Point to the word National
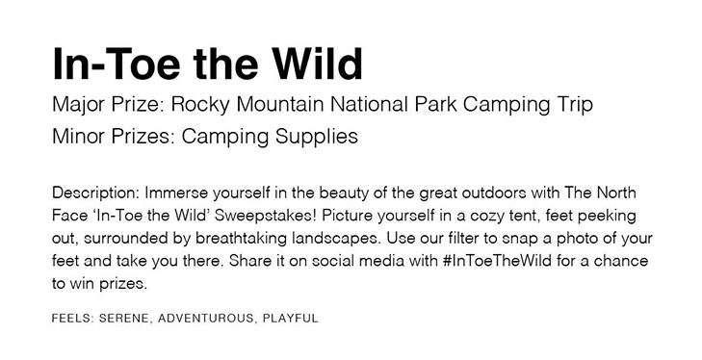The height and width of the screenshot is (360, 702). click(370, 104)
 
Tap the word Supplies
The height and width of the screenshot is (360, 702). click(317, 137)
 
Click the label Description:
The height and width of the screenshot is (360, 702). click(96, 193)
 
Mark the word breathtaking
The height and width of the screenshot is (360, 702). click(242, 238)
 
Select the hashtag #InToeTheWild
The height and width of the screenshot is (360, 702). click(497, 260)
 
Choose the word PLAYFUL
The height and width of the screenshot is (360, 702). click(291, 319)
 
